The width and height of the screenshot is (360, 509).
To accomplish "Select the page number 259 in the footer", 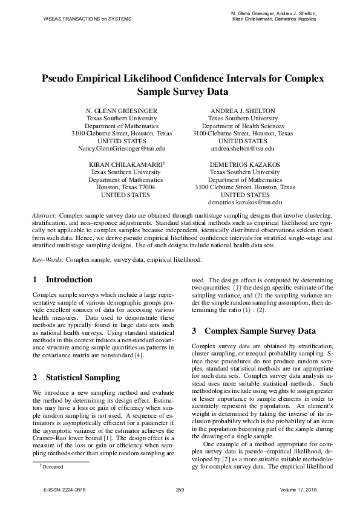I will pos(179,489).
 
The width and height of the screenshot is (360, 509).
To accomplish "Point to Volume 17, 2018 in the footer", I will pos(298,489).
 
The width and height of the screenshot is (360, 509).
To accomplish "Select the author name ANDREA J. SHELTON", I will pos(243,111).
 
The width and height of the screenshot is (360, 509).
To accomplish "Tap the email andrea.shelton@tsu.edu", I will pos(243,148).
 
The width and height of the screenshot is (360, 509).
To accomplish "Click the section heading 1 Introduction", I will pos(62,280).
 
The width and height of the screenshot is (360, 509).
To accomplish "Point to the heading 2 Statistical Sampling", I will pos(76,378).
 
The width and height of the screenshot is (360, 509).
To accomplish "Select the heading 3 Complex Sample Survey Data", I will pos(254,331).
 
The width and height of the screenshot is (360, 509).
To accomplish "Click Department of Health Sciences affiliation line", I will pos(243,126).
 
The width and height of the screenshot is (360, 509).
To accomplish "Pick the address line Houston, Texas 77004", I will pos(125,187).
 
